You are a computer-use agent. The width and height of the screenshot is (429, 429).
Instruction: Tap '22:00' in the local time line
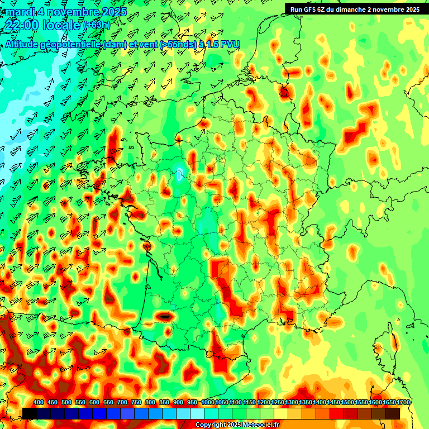(x=21, y=25)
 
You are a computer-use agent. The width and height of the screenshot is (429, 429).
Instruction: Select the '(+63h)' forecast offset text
(x=97, y=25)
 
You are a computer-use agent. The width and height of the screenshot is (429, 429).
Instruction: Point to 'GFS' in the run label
(x=312, y=9)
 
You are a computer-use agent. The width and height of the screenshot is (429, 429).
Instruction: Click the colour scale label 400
(x=39, y=403)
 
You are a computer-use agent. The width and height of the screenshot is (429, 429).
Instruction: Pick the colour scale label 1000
(x=207, y=403)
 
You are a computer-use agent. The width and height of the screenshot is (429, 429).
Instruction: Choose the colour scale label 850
(x=164, y=403)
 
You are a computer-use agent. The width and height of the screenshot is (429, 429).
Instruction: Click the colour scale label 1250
(x=278, y=403)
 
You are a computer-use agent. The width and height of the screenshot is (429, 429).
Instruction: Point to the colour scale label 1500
(x=347, y=403)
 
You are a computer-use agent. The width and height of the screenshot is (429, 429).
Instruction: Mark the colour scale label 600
(x=94, y=403)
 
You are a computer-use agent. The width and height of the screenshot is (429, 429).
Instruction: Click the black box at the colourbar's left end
(x=30, y=413)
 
